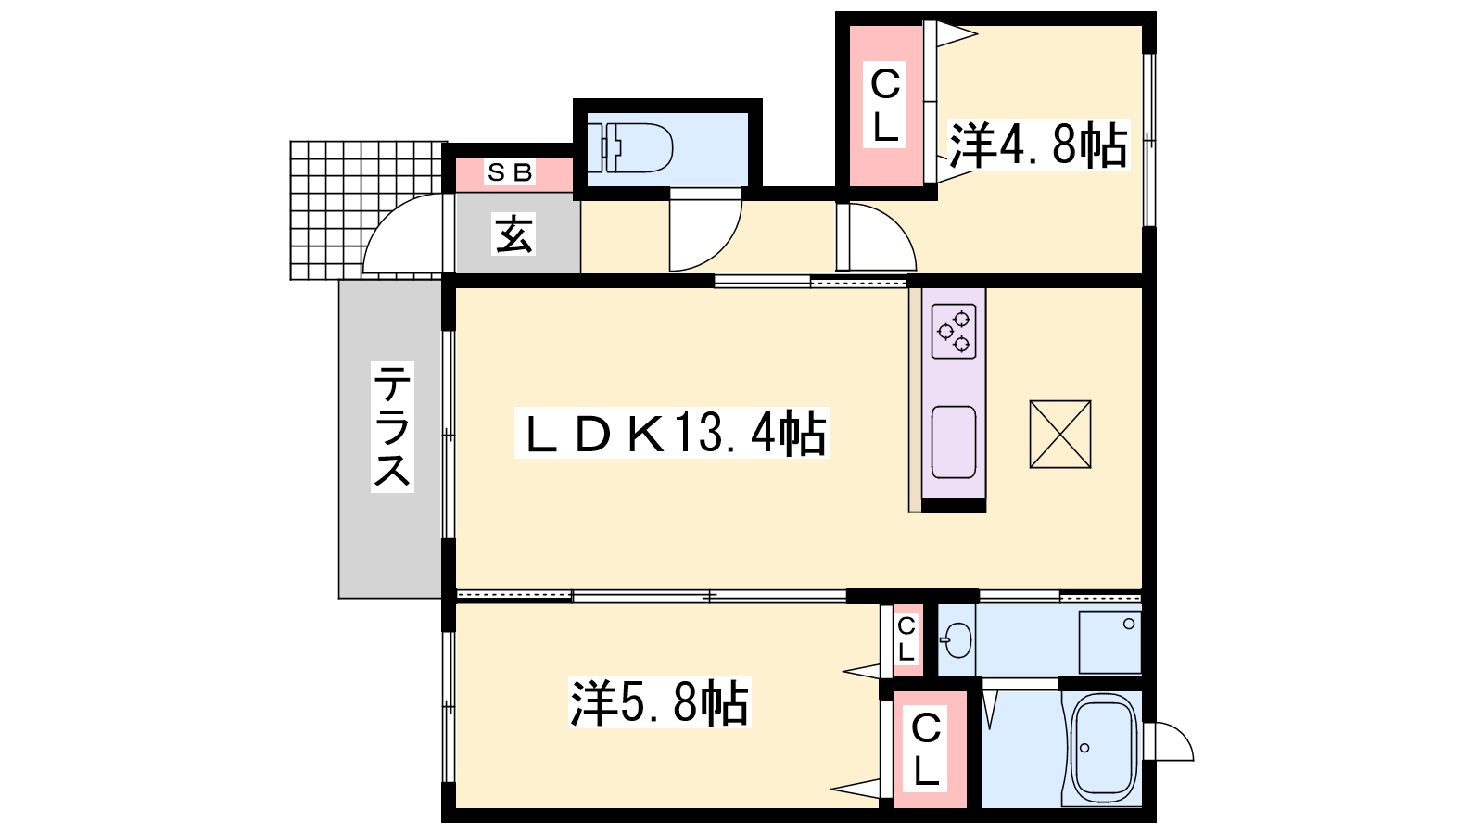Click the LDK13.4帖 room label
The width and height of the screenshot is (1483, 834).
coord(672,434)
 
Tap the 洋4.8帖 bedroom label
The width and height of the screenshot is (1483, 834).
coord(1037,145)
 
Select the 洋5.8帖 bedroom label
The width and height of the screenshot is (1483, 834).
coord(659,702)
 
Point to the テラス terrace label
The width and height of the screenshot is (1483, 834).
coord(392,427)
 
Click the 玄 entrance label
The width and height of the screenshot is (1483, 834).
coord(513,234)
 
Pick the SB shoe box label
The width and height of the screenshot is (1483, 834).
coord(509,172)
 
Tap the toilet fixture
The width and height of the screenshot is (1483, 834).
coord(636,147)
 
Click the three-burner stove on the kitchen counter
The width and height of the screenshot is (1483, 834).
coord(954,331)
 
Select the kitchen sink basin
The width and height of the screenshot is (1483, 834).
coord(954,441)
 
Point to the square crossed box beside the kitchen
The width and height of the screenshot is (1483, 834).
coord(1060,435)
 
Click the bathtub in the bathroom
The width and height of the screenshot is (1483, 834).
coord(1102,749)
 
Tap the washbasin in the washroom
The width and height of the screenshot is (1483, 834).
coord(958,640)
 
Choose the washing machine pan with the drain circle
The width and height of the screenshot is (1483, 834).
coord(1109,642)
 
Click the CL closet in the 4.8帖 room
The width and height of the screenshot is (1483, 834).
coord(886,106)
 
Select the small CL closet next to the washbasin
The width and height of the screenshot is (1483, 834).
coord(907,639)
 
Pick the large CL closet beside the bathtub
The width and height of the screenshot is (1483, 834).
coord(929,750)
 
